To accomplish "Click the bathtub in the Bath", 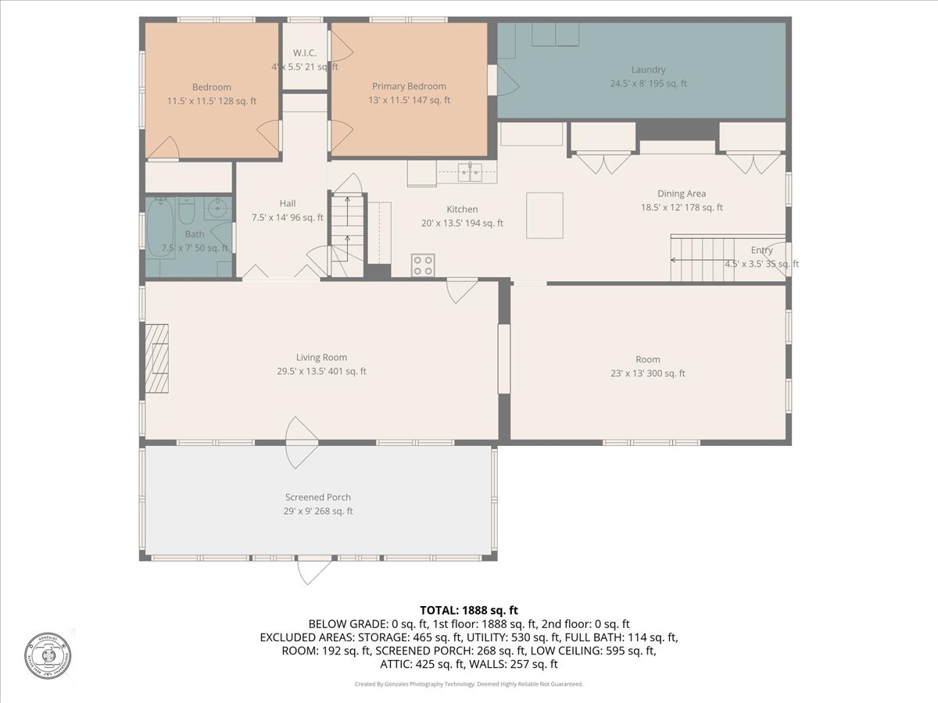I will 160,227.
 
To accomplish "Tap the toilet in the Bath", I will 187,212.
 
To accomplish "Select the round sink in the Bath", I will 218,209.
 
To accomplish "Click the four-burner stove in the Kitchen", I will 423,266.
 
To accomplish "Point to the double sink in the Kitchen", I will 469,172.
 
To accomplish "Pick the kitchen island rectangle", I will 544,215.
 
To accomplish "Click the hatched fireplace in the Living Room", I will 156,359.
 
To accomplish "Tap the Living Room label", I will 321,358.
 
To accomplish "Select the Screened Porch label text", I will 317,497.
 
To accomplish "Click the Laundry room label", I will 648,70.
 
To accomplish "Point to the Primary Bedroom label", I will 409,86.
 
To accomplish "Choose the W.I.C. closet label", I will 304,52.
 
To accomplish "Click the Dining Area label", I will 682,194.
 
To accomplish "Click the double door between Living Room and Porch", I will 302,442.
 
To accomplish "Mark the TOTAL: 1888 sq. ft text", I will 469,610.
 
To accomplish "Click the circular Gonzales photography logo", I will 48,655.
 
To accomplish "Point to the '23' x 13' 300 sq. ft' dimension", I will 647,373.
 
